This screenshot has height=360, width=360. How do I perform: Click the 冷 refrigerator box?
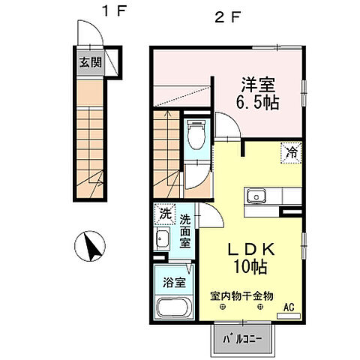[x=291, y=152]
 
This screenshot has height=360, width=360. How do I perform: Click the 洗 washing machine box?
[x=164, y=213]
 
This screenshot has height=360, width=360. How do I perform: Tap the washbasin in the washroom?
[x=163, y=241]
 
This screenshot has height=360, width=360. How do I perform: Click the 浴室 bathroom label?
[x=172, y=283]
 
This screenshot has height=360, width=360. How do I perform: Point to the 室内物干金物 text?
[x=241, y=297]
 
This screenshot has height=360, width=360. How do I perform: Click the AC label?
[x=289, y=306]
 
